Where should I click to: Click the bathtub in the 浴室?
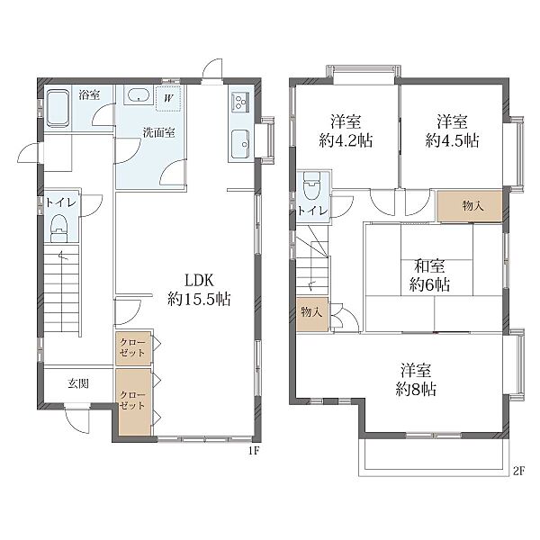click(58, 109)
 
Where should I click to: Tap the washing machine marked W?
click(168, 98)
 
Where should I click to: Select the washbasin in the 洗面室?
click(139, 94)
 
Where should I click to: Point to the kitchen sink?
click(240, 144)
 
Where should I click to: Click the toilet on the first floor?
click(59, 228)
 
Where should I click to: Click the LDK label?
click(199, 280)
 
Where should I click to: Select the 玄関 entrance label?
click(78, 383)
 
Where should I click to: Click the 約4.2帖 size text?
click(346, 140)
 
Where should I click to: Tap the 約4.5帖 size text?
click(452, 140)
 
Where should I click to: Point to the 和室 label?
click(429, 265)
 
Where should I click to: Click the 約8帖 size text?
click(416, 389)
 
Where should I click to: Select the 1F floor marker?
click(254, 451)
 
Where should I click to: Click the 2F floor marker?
click(518, 471)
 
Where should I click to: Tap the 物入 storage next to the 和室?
click(469, 206)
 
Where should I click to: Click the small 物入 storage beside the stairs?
click(312, 314)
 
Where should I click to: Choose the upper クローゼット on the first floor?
click(133, 347)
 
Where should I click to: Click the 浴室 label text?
click(89, 94)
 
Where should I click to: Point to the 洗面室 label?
click(158, 132)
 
